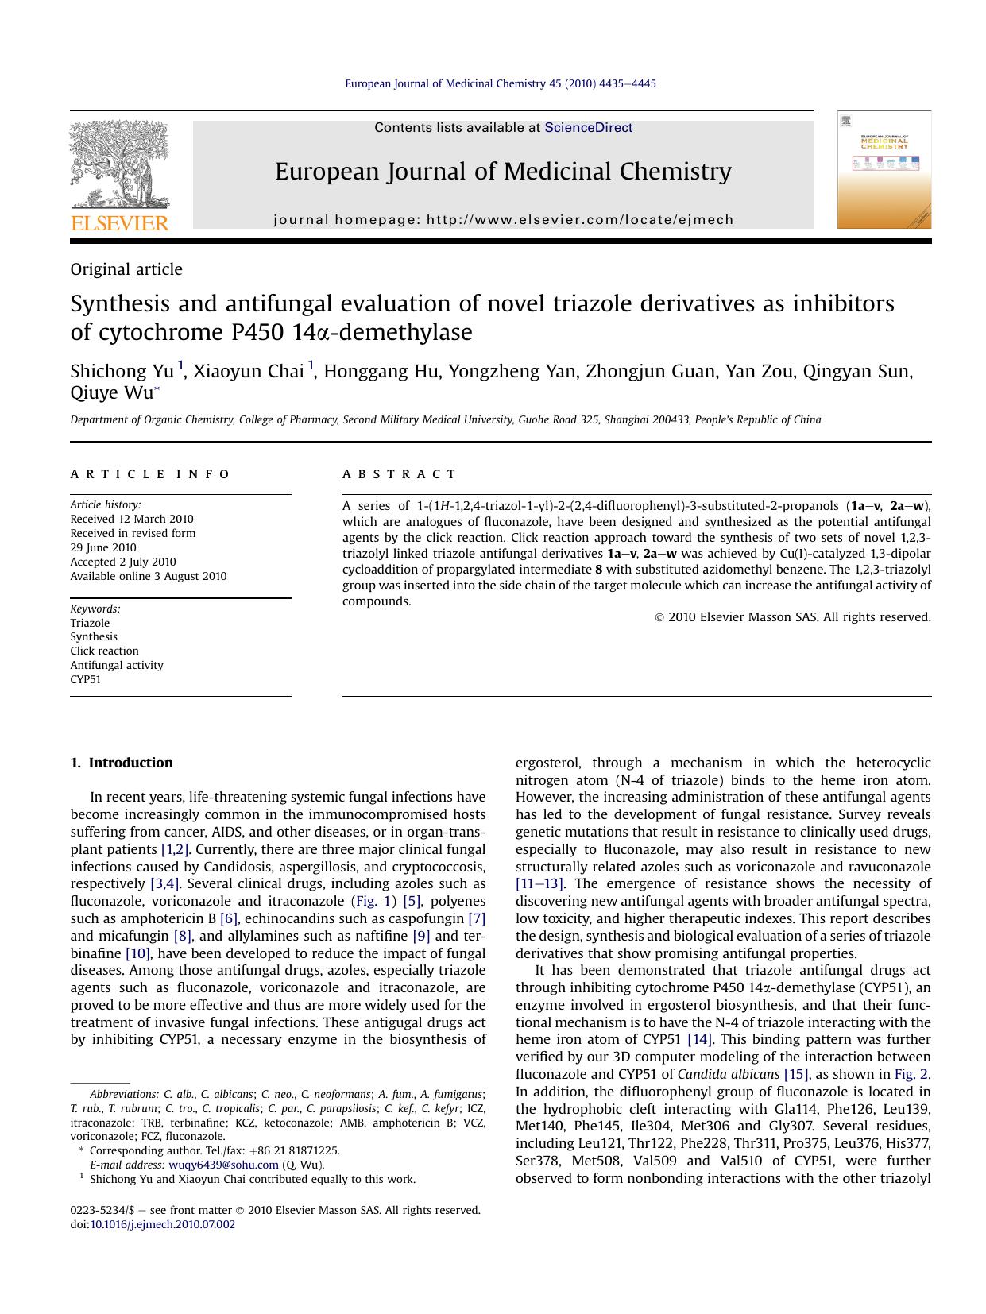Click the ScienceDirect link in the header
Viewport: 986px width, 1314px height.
[x=588, y=127]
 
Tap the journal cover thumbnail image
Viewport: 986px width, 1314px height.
[x=884, y=170]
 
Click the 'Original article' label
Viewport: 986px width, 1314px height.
[x=126, y=269]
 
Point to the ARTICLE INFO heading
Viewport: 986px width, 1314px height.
[x=150, y=474]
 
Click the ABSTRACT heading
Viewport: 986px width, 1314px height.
[x=400, y=474]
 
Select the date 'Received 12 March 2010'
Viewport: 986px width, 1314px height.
[x=132, y=519]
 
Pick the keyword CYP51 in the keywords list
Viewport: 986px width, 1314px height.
[x=86, y=679]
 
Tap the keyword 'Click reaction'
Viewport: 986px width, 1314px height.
[x=104, y=651]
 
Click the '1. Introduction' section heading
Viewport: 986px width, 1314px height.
[x=122, y=763]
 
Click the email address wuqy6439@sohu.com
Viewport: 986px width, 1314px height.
[x=223, y=1165]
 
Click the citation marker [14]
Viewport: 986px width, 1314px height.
[x=699, y=1039]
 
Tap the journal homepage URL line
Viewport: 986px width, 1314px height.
[x=504, y=220]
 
